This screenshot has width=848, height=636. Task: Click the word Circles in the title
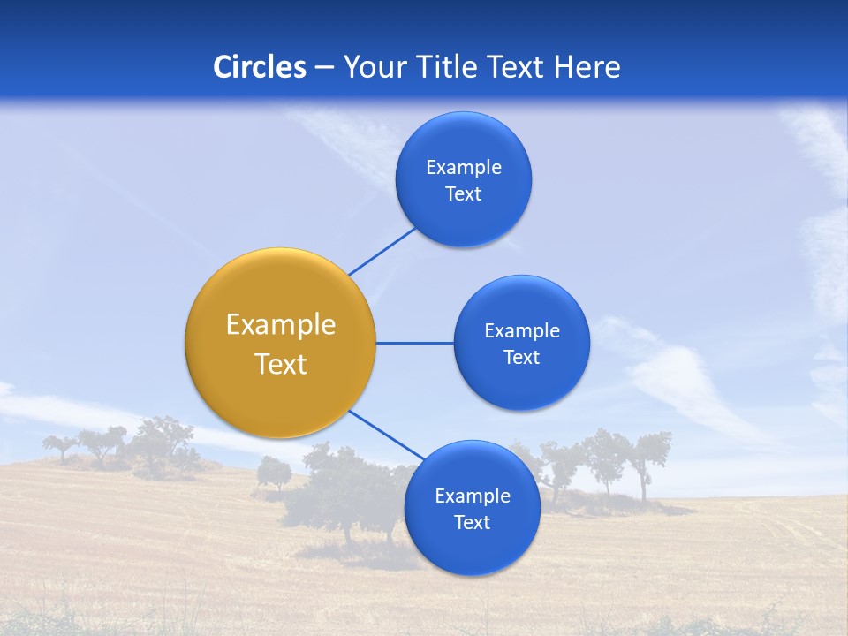click(259, 66)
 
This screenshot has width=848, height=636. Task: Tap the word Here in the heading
click(587, 66)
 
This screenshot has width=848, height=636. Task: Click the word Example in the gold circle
click(281, 324)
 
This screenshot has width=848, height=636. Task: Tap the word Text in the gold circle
click(281, 364)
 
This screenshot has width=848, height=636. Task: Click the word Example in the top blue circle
click(464, 167)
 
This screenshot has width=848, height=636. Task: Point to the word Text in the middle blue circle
click(522, 357)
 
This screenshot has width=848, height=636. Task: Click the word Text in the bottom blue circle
click(472, 522)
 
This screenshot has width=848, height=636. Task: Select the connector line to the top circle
click(382, 251)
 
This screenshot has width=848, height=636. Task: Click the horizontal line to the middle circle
click(415, 343)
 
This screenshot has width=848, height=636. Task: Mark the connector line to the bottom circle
click(385, 435)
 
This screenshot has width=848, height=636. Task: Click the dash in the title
click(324, 67)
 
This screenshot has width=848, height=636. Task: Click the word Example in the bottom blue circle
click(472, 496)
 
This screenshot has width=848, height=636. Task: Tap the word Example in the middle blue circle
click(522, 330)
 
